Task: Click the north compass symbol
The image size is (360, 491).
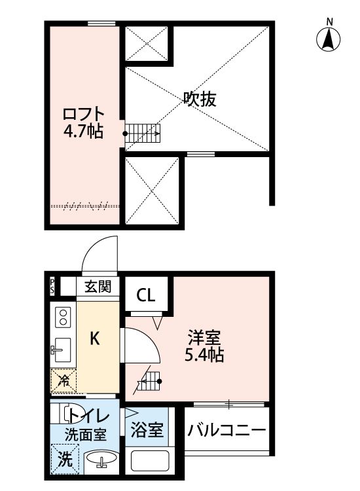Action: click(330, 39)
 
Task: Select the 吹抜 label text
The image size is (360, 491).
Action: click(199, 100)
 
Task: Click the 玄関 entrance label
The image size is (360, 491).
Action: click(98, 286)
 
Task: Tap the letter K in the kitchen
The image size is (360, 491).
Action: click(95, 338)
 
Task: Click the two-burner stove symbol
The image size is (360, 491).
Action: click(63, 318)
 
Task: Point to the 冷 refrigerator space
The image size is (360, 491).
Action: click(63, 380)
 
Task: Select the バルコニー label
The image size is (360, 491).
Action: click(226, 431)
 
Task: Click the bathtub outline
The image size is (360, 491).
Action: click(151, 462)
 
